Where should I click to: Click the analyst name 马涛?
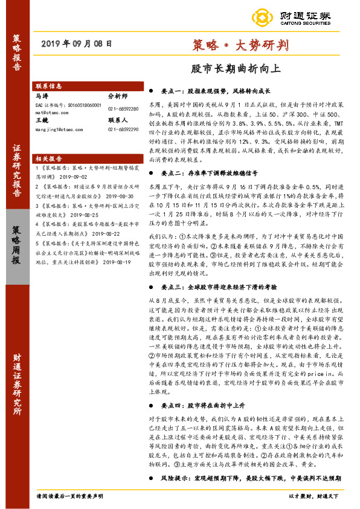pos(42,96)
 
